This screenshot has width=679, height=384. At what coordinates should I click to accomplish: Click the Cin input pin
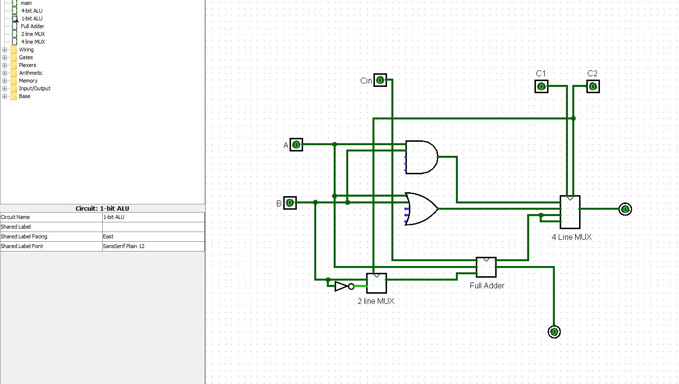[x=380, y=80]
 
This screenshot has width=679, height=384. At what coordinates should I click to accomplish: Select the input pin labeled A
[x=296, y=145]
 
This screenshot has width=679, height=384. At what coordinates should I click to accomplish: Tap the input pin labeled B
[x=290, y=203]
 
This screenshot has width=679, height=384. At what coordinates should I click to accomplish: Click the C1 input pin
[x=541, y=87]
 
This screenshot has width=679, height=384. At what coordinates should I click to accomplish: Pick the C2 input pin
[x=593, y=87]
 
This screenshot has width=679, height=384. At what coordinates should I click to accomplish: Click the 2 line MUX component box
[x=376, y=284]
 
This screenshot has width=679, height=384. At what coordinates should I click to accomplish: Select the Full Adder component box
[x=486, y=267]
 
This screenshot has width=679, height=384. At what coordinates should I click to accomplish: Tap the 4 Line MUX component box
[x=570, y=212]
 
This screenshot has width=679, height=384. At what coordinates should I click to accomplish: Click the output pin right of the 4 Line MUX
[x=626, y=209]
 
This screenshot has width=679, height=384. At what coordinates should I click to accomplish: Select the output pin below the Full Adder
[x=554, y=332]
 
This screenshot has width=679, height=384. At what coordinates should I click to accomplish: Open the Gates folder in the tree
[x=26, y=57]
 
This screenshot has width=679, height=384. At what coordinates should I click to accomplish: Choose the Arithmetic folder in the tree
[x=31, y=73]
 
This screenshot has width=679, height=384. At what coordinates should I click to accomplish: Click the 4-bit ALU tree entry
[x=32, y=11]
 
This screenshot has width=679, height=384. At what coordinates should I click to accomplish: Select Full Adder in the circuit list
[x=32, y=26]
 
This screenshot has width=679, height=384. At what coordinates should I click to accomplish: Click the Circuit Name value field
[x=153, y=217]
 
